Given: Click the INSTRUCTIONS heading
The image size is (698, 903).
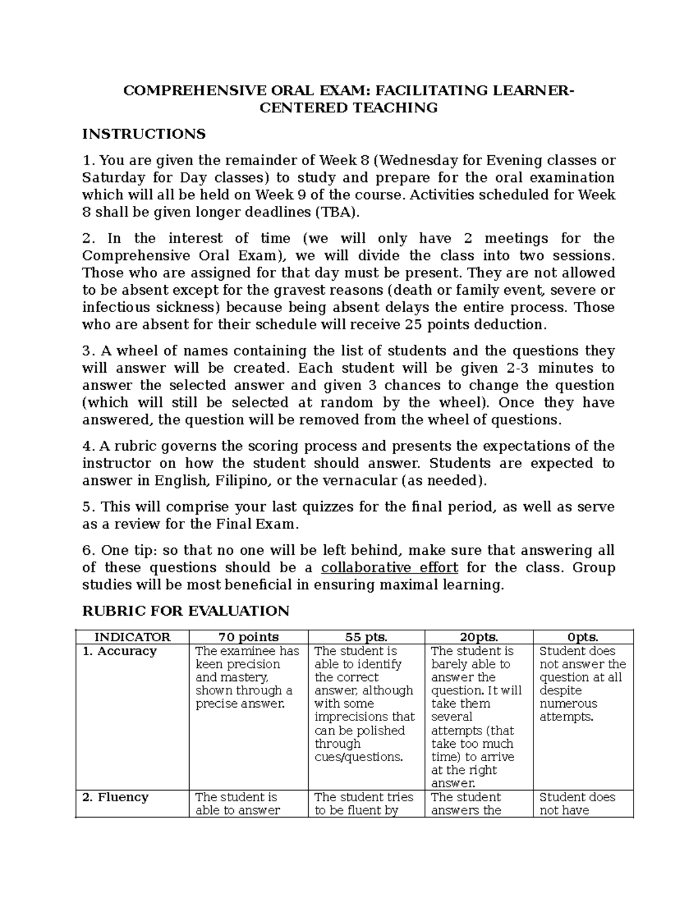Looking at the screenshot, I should pos(144,134).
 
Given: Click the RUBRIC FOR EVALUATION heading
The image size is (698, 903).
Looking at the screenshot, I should pos(186,611).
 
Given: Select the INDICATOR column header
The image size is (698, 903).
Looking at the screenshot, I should pos(132,637).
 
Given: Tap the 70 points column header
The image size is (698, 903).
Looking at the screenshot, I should pos(248,637).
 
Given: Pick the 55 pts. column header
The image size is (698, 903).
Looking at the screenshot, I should pos(366,637).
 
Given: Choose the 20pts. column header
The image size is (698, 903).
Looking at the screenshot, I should pos(479,637).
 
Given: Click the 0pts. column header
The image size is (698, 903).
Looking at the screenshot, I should pos(583,637).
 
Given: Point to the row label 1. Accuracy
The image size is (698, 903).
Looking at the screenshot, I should pos(119,651).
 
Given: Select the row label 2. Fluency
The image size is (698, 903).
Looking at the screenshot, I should pos(115,797).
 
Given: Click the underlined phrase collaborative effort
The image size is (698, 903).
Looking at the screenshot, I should pos(389,568).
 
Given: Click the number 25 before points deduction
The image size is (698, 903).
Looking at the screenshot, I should pos(412,325).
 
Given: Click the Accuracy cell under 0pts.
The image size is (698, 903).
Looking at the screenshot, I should pos(582,684).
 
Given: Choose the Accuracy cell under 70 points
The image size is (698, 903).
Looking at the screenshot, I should pos(248,677).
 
